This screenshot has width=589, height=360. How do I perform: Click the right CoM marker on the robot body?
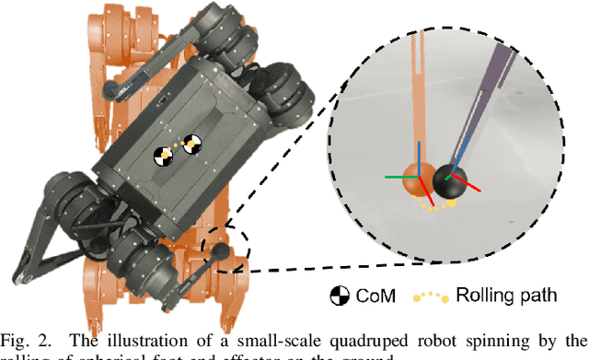[192, 143]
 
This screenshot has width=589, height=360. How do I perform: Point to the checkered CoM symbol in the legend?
[340, 296]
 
